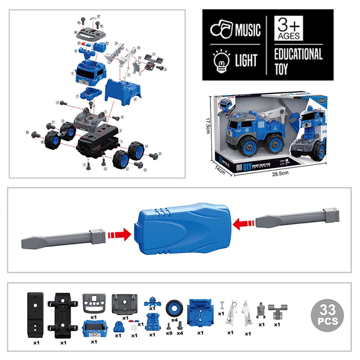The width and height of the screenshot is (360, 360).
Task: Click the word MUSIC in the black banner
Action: pos(248,30)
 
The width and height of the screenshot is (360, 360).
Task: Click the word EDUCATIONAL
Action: pos(298,55)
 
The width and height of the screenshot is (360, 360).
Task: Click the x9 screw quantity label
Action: pos(168,333)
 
